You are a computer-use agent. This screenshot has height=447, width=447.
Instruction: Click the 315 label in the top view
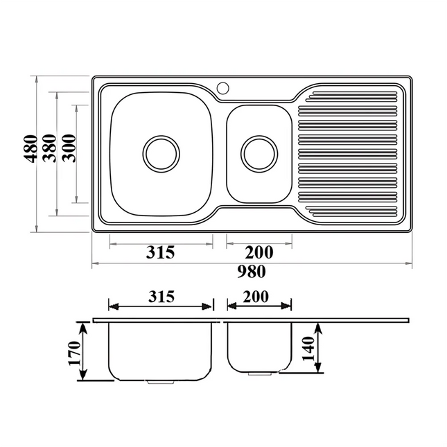(160, 252)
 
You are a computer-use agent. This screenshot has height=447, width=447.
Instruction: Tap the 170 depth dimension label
(74, 353)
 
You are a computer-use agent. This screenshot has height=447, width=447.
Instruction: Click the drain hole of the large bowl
(161, 153)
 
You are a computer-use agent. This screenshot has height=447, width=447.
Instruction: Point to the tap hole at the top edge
(222, 88)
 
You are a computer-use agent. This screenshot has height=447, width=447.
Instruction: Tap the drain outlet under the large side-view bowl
(160, 381)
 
